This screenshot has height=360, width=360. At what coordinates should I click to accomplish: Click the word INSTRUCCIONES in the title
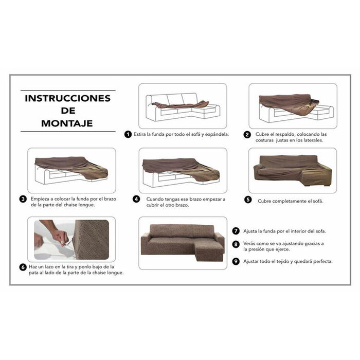[68, 98]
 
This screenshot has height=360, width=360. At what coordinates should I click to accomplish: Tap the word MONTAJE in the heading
[68, 123]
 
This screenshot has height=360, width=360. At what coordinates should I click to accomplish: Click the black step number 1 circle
[128, 135]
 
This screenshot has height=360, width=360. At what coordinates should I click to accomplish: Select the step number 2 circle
[247, 135]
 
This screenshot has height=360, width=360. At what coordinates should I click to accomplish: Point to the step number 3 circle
[23, 199]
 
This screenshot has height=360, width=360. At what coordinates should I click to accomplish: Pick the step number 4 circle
[136, 199]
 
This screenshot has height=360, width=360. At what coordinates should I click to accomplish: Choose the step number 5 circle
[248, 200]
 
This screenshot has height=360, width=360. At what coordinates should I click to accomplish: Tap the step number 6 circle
[23, 267]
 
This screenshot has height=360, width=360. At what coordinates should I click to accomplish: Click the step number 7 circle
[236, 231]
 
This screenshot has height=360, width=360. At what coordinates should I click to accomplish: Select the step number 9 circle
[236, 261]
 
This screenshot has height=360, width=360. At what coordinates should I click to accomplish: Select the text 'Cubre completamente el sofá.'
[291, 201]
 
